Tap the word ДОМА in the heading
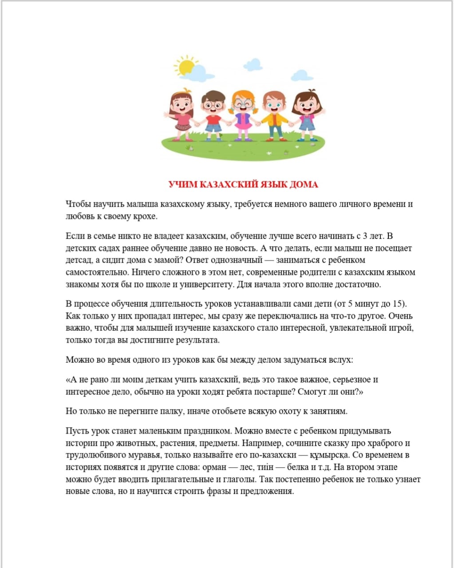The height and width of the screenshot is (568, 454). pos(304,185)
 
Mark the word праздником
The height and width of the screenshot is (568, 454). pos(205,431)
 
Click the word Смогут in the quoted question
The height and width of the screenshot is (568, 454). pos(313,392)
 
